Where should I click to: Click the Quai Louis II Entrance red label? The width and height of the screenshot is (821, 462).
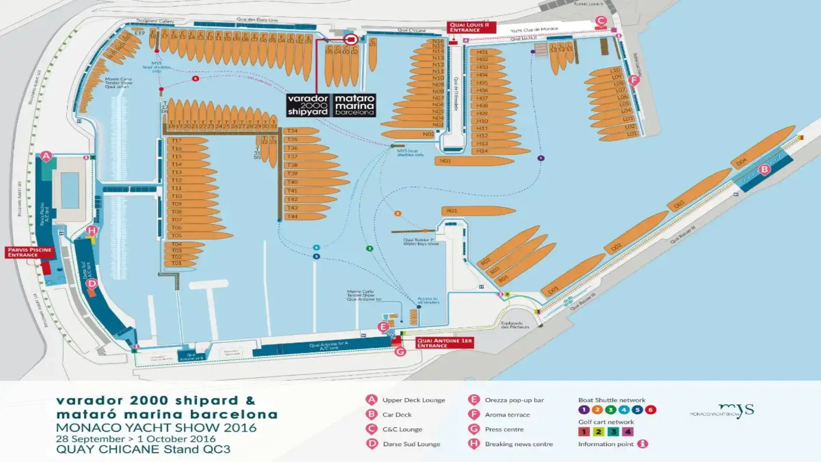point(471,27)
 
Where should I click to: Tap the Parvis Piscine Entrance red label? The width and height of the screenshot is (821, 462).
point(30,252)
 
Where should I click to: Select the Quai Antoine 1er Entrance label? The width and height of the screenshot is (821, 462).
point(444,343)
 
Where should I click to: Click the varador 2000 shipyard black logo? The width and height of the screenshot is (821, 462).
point(308,105)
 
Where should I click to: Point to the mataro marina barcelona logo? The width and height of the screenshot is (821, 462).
point(354,105)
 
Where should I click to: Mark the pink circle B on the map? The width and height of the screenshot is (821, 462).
point(765,170)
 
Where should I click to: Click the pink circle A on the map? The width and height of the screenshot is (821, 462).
point(46,156)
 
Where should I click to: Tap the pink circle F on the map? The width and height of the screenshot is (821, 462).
point(634,80)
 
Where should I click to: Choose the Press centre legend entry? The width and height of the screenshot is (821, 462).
point(504,429)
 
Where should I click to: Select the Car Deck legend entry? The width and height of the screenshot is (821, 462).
point(397,415)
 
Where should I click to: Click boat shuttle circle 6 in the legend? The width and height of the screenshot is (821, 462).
point(650,410)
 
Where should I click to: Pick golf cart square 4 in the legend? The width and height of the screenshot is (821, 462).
point(628,432)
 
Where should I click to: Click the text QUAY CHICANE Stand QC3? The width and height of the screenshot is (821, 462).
point(143,450)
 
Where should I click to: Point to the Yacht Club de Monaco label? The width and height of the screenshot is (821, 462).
point(534,30)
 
